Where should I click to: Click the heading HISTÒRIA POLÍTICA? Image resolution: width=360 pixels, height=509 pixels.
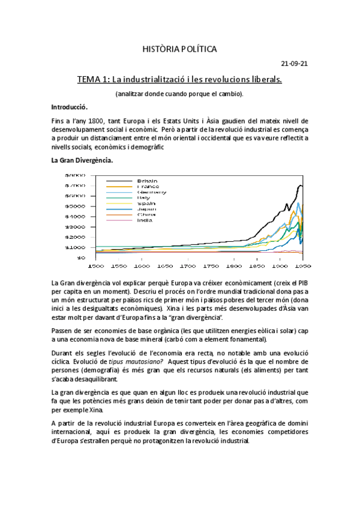[x=180, y=48]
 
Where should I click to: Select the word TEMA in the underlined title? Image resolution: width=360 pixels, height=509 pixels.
[x=90, y=79]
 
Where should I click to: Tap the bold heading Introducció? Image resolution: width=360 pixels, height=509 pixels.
[x=70, y=107]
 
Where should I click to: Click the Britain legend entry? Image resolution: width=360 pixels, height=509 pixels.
[x=147, y=180]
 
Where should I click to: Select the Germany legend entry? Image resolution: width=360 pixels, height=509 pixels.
[x=152, y=191]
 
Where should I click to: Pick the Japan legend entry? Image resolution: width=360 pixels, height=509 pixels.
[x=146, y=209]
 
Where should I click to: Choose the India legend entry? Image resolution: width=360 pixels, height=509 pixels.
[x=145, y=220]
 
